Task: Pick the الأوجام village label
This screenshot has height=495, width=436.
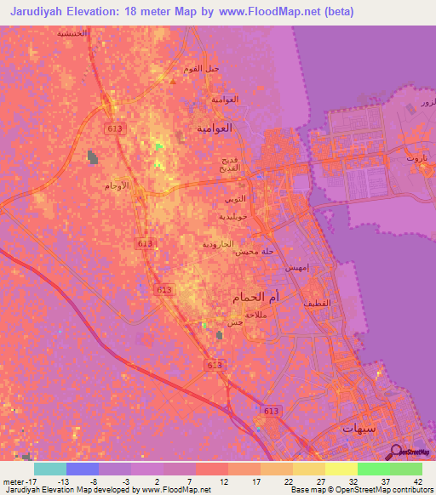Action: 117,185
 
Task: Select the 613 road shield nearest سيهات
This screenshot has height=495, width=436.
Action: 271,412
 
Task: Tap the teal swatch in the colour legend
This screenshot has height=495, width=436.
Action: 50,469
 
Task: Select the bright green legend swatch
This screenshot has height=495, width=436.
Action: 374,469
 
